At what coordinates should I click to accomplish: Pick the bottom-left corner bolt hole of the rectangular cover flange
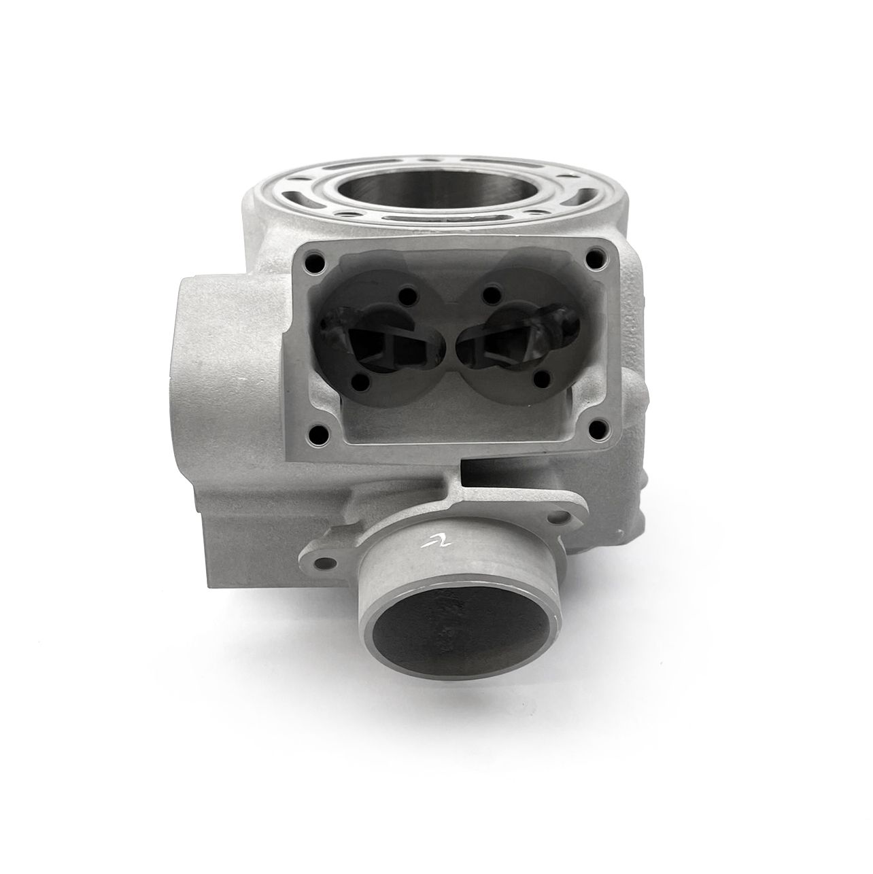(316, 430)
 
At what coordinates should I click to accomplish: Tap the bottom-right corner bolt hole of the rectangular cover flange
(598, 428)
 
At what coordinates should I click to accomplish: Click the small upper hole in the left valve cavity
(407, 296)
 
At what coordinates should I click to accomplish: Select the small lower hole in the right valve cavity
(543, 377)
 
